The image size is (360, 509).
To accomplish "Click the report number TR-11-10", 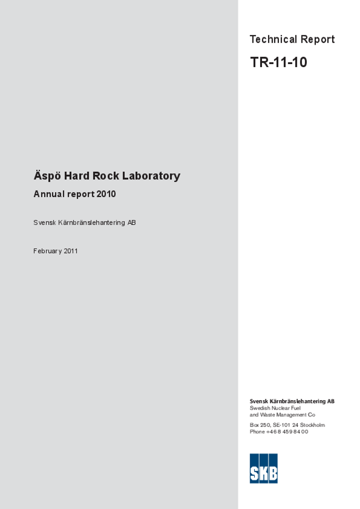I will [278, 63].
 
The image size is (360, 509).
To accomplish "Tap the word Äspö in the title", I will [47, 176].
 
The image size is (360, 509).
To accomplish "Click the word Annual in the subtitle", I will [49, 194].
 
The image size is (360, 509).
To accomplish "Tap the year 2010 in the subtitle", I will [106, 194].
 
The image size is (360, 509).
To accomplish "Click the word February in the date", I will [47, 251].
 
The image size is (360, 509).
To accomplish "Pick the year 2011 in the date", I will [71, 251].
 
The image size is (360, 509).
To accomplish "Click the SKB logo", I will [264, 468].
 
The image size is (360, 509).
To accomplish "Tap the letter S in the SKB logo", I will [254, 473].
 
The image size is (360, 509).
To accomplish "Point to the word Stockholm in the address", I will [312, 425].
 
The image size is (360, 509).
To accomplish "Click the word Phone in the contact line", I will [257, 431].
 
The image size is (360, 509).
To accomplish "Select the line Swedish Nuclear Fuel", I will [275, 408].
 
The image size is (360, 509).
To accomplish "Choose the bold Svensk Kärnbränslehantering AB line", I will [292, 401].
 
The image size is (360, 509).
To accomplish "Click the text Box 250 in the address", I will [260, 425].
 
